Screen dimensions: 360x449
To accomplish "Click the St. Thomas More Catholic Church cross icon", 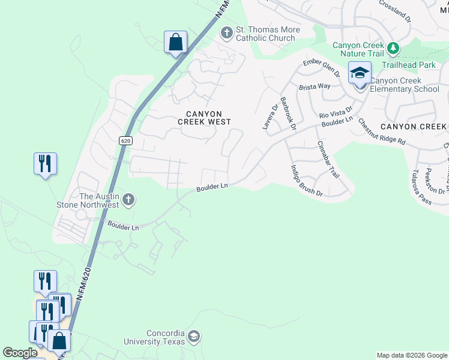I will (227, 32).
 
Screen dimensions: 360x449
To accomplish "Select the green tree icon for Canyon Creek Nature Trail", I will (393, 47).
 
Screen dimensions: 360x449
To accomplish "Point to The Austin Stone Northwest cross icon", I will (127, 199).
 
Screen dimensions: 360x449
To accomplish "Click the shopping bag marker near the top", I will (175, 43).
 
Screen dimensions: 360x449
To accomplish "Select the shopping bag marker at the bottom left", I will (59, 341).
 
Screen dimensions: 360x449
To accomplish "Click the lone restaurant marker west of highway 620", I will (45, 164).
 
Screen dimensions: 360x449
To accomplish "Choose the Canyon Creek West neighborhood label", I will (204, 118).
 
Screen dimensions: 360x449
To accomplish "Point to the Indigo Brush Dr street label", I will (307, 181).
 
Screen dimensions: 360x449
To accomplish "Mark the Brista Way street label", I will (316, 86).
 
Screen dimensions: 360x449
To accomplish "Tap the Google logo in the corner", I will (20, 353).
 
